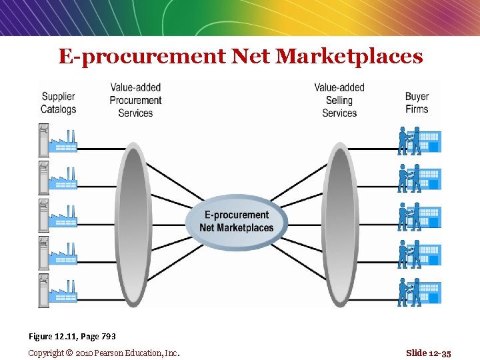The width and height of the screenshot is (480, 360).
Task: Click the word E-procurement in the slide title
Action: pyautogui.click(x=142, y=57)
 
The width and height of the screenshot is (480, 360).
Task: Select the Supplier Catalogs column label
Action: pyautogui.click(x=59, y=103)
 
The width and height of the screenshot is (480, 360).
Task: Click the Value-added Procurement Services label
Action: pyautogui.click(x=135, y=100)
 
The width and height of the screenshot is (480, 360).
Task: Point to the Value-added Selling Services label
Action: pyautogui.click(x=339, y=100)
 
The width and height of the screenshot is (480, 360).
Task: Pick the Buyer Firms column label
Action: pyautogui.click(x=417, y=103)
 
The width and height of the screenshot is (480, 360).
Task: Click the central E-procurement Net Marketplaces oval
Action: pyautogui.click(x=237, y=221)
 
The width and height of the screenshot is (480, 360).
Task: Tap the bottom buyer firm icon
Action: pyautogui.click(x=419, y=291)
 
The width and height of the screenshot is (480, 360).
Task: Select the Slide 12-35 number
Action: pyautogui.click(x=429, y=353)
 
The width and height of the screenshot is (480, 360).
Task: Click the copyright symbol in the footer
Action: pyautogui.click(x=69, y=353)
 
